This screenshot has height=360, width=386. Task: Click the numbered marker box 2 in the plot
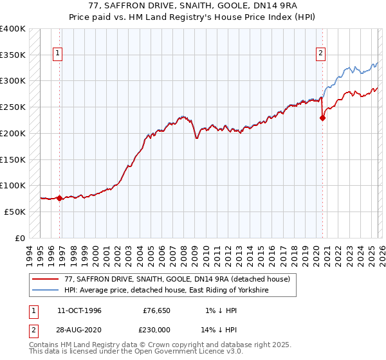coord(320,53)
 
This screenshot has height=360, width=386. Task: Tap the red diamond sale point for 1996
coord(59,198)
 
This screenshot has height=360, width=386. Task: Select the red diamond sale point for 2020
coord(323,117)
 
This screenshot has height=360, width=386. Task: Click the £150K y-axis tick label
coord(13,159)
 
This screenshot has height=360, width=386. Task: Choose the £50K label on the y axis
coord(15,211)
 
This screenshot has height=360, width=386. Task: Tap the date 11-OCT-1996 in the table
coord(78,310)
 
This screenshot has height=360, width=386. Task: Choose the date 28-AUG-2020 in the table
coord(78,330)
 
